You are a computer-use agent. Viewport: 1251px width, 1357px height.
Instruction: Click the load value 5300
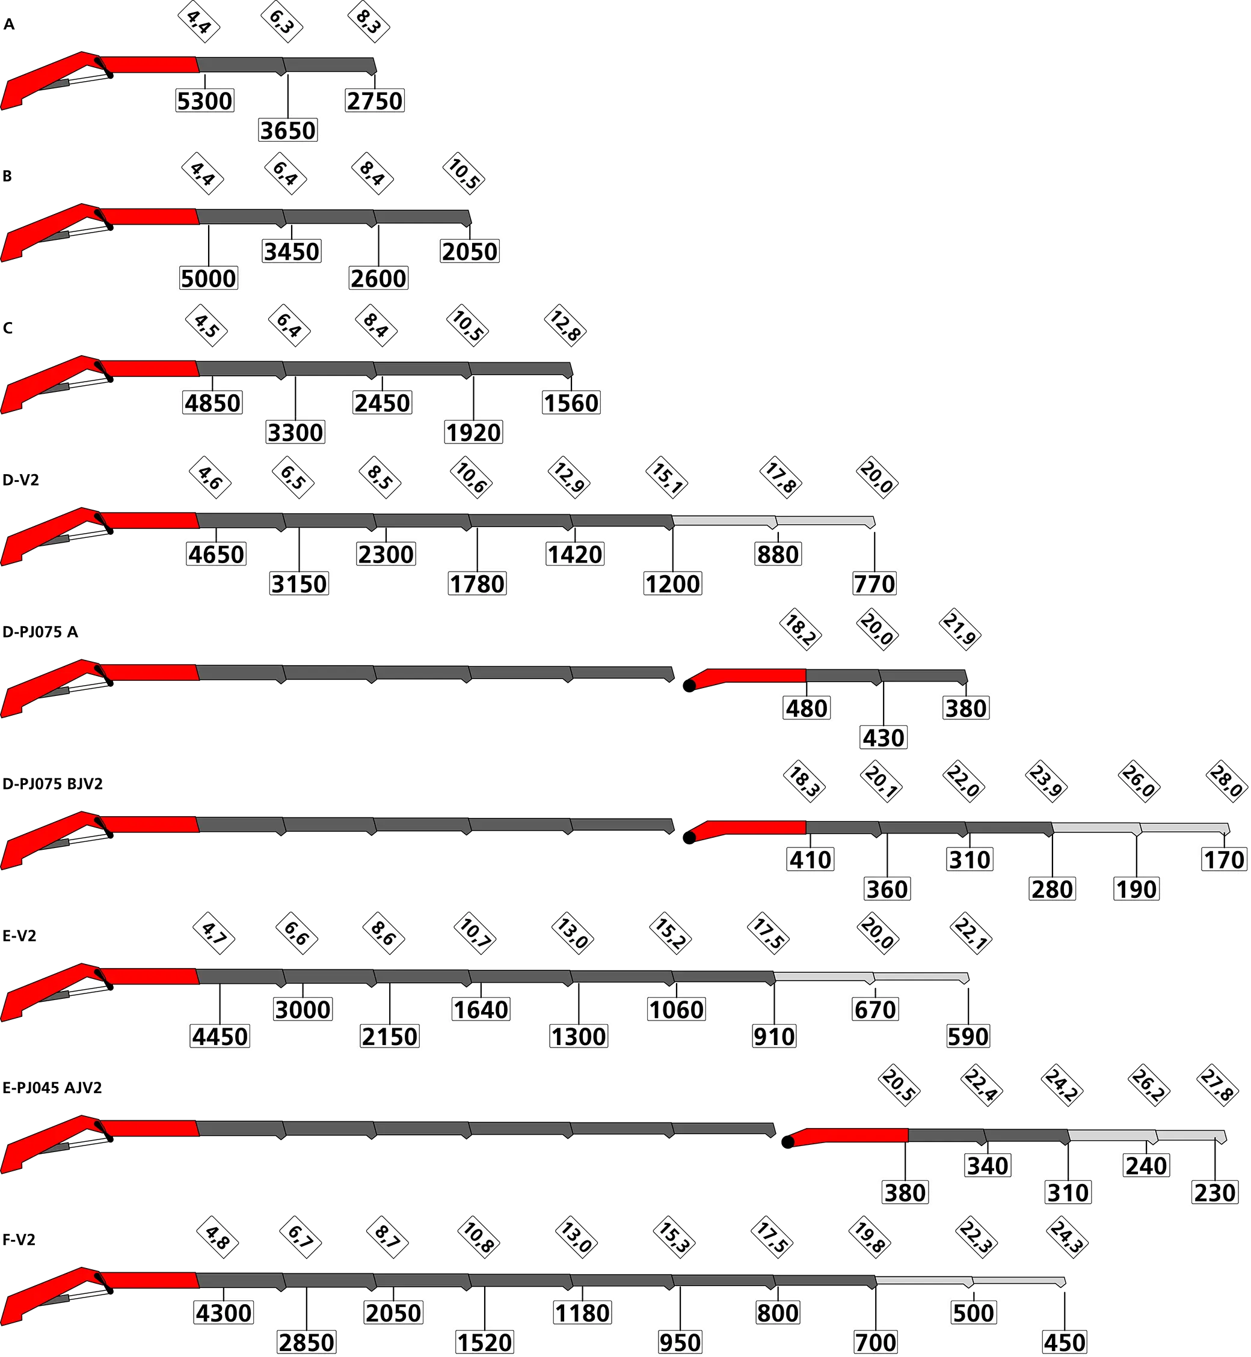[x=204, y=101]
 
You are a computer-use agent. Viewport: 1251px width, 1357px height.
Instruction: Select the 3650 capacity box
[x=287, y=130]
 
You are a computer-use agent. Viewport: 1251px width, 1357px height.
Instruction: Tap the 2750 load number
[x=374, y=101]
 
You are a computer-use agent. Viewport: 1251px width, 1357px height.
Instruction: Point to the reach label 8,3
[x=369, y=22]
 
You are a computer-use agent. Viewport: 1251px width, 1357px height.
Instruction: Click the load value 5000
[x=208, y=278]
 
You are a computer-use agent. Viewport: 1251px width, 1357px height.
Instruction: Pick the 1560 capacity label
[x=571, y=403]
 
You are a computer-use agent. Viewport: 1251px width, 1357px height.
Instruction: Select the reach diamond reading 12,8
[x=565, y=326]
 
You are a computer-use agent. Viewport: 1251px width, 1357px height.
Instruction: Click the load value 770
[x=874, y=584]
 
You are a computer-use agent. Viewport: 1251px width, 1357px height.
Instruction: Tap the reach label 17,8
[x=781, y=478]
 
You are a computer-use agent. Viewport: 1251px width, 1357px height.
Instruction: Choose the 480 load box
[x=807, y=709]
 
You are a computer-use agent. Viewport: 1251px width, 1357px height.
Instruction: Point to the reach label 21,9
[x=960, y=630]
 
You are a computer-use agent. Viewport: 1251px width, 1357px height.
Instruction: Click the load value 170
[x=1223, y=860]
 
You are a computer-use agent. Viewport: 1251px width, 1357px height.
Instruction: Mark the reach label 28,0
[x=1226, y=782]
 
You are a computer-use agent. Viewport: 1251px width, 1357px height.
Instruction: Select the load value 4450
[x=220, y=1036]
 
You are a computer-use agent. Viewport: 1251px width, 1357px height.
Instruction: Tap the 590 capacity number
[x=968, y=1036]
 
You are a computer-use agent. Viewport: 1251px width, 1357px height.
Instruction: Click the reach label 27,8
[x=1218, y=1086]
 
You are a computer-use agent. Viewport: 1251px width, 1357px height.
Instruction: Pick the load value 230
[x=1215, y=1192]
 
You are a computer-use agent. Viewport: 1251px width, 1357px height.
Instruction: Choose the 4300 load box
[x=223, y=1313]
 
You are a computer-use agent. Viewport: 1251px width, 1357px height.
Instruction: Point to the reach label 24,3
[x=1067, y=1238]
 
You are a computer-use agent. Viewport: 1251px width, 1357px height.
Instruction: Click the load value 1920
[x=473, y=432]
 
